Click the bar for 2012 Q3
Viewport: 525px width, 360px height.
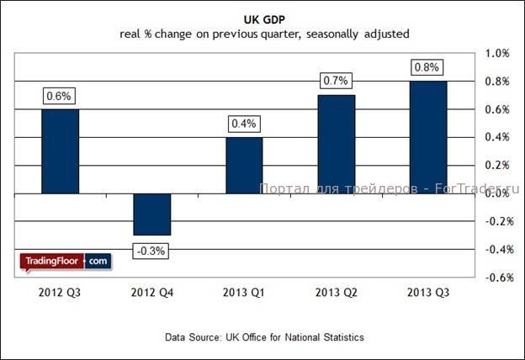coord(61,151)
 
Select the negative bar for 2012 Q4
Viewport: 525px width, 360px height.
coord(152,214)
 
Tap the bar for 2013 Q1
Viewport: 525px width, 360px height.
coord(244,165)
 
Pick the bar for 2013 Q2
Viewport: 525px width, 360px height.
coord(336,144)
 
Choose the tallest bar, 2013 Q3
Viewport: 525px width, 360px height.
coord(427,137)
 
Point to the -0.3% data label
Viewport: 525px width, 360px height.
coord(152,250)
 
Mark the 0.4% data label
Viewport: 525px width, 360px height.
coord(244,124)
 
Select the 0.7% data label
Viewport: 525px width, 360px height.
coord(336,82)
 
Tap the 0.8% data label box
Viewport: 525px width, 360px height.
coord(427,67)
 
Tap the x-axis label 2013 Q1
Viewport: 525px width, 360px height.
coord(244,293)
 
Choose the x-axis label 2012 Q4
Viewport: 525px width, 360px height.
coord(152,293)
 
